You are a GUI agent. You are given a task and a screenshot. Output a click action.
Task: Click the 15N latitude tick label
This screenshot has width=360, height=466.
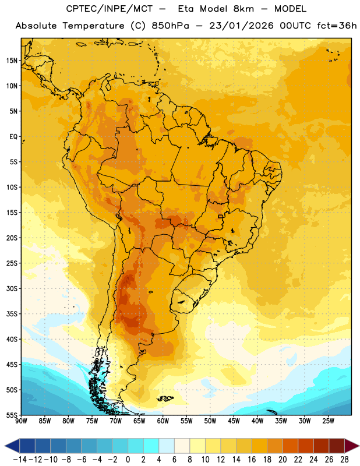[x=12, y=61]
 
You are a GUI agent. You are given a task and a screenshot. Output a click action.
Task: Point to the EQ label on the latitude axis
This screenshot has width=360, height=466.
[x=13, y=137]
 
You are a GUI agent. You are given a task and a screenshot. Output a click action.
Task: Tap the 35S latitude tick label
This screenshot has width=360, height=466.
[x=12, y=314]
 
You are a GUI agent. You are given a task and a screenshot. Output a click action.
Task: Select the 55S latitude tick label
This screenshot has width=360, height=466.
[x=12, y=415]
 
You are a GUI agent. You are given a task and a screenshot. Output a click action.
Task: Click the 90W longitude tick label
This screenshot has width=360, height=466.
[x=21, y=421]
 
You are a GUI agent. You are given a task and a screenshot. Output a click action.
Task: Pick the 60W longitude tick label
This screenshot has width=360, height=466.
[x=163, y=421]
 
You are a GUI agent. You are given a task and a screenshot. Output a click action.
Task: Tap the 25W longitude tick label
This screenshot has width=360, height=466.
[x=328, y=421]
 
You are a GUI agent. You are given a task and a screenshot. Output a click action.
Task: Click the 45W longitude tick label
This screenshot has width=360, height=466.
[x=234, y=421]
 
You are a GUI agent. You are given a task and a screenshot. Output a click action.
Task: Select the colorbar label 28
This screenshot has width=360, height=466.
[x=344, y=460]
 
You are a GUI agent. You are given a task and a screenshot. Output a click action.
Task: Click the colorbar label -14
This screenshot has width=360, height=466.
[x=20, y=460]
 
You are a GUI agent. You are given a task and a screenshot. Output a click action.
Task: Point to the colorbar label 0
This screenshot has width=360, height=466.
[x=128, y=460]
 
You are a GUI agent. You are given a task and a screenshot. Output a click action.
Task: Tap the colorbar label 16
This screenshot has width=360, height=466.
[x=252, y=460]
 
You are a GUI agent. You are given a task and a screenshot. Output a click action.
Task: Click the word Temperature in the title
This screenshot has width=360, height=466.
[x=93, y=26]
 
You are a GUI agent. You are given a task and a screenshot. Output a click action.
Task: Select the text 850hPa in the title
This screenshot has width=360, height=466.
[x=170, y=26]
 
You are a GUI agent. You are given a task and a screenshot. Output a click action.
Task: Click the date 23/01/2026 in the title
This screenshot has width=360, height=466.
[x=241, y=26]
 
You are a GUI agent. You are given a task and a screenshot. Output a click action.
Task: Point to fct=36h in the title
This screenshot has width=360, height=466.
[x=337, y=26]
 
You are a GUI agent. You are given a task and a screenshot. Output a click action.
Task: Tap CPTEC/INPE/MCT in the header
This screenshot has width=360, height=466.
[x=109, y=9]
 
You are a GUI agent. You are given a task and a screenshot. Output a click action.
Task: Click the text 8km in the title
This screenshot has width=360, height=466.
[x=243, y=9]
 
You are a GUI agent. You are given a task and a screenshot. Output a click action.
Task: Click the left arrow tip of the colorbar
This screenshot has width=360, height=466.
[x=5, y=446]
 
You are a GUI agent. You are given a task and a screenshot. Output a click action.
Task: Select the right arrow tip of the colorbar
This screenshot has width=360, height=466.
[x=359, y=446]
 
